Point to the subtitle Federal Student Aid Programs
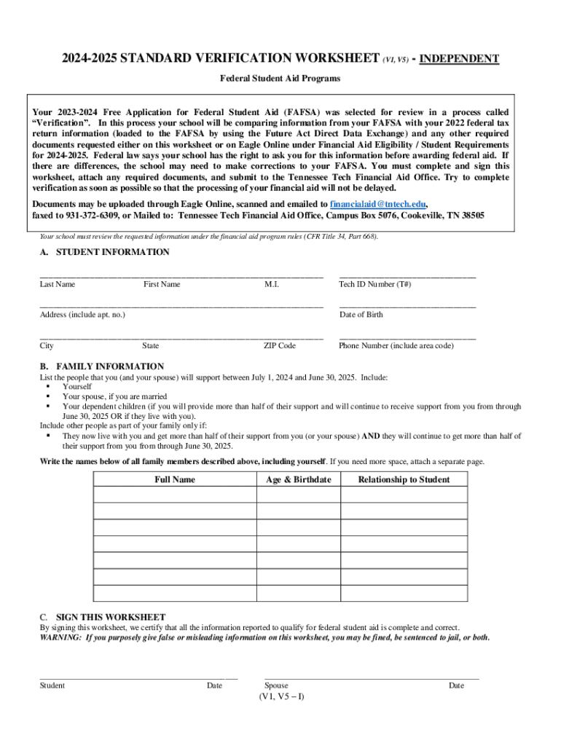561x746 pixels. [280, 78]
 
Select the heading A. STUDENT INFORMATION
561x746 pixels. [104, 252]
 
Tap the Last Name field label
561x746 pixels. [57, 284]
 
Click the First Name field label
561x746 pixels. [162, 284]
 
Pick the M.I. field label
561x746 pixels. [271, 284]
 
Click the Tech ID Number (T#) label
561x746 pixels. [374, 284]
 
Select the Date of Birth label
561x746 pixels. [361, 315]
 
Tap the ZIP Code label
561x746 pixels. [279, 346]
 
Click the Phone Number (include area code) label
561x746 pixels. [396, 346]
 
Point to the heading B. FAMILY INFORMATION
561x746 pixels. [101, 366]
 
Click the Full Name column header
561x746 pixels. [175, 479]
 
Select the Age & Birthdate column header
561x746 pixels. [298, 479]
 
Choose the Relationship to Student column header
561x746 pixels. [404, 479]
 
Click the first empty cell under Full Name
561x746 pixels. [175, 495]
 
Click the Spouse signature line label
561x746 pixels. [276, 686]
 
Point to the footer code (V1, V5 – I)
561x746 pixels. [281, 696]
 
